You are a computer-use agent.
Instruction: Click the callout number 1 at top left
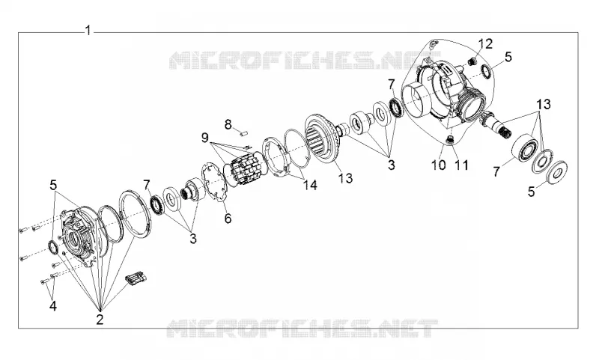(88, 30)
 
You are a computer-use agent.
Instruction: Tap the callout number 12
(485, 43)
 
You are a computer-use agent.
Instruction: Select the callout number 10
(439, 165)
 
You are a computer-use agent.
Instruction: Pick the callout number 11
(461, 165)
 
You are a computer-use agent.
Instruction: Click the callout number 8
(228, 124)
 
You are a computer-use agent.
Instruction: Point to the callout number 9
(205, 137)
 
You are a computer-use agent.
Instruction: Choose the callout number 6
(228, 218)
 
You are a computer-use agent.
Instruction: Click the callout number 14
(310, 185)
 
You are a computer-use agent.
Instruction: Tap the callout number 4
(53, 305)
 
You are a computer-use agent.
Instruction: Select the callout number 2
(100, 319)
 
